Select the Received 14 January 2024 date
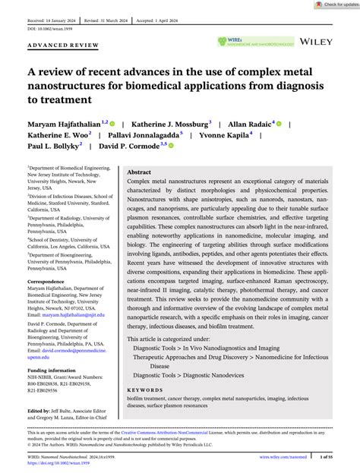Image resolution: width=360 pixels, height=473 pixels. coord(53,13)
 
